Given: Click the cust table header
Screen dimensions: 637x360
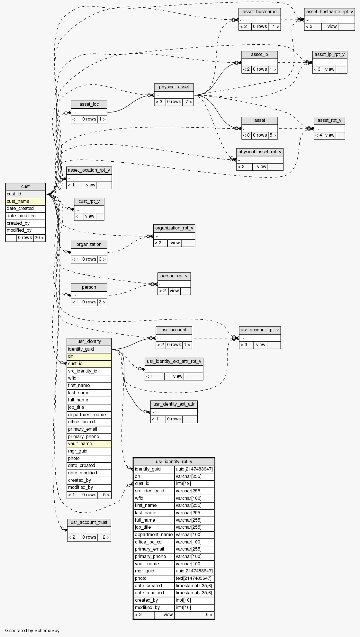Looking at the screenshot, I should [x=25, y=186].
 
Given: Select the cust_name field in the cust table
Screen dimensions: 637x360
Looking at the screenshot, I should [x=25, y=201].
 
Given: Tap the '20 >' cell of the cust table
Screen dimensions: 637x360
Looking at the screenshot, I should [x=39, y=238].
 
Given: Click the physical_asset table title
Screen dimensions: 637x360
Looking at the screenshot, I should [x=174, y=87].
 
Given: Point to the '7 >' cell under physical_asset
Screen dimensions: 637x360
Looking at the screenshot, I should [x=188, y=102].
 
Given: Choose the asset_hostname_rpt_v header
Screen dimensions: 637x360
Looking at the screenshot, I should [x=329, y=12].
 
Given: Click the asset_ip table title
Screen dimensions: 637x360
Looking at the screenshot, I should [x=259, y=55].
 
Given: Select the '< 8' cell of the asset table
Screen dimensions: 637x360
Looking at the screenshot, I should [x=247, y=135].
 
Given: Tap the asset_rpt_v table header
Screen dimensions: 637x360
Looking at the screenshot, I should [x=329, y=121].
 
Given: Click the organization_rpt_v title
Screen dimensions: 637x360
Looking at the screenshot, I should [x=174, y=228].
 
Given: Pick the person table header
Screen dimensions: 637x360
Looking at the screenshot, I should [x=89, y=287].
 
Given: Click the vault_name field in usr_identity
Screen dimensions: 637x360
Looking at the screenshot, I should [x=89, y=444].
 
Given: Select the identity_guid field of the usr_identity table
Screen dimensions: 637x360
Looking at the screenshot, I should [x=89, y=349].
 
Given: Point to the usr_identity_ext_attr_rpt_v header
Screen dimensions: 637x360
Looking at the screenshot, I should [x=174, y=362].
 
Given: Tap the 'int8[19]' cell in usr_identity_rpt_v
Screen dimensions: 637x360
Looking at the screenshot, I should [x=194, y=484].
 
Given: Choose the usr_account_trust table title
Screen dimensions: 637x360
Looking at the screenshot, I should [x=89, y=522].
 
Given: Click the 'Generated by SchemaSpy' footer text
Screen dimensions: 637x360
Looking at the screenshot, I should [x=32, y=631].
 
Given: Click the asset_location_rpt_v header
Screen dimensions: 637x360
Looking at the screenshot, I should [x=89, y=170].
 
